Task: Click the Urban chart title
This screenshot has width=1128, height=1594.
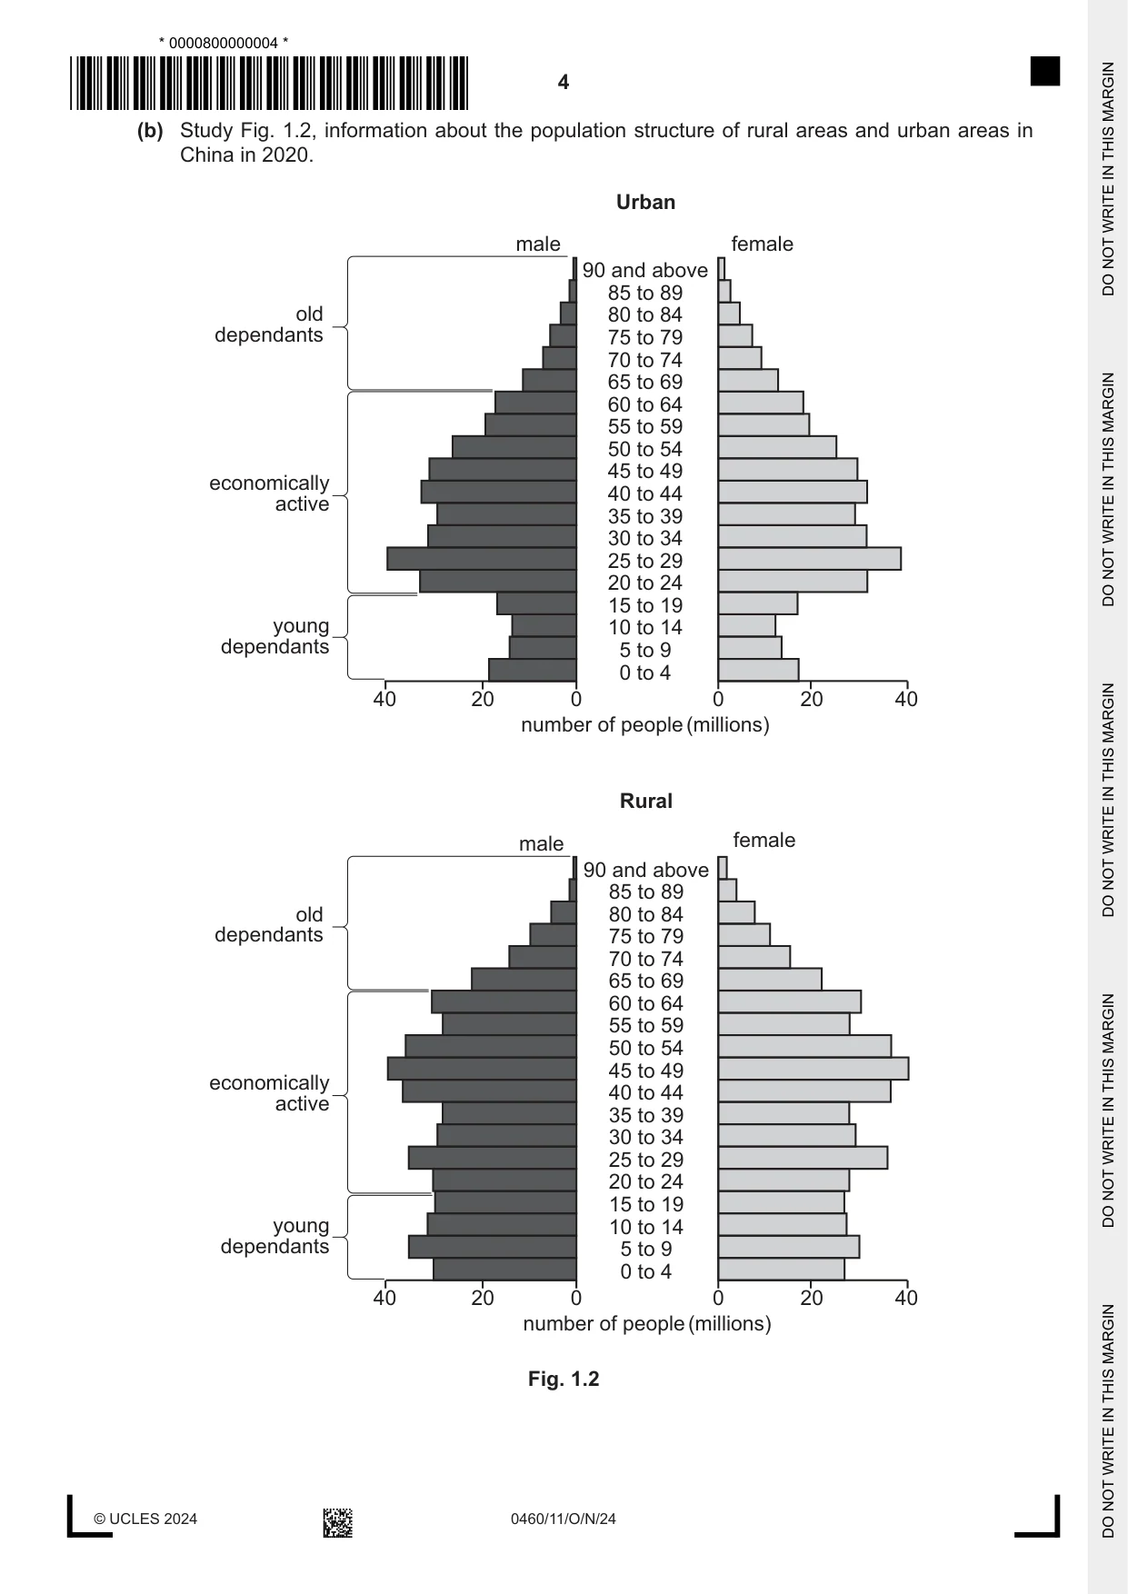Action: pos(645,203)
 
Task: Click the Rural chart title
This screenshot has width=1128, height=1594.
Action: pos(646,802)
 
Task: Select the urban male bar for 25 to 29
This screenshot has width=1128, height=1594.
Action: pos(482,559)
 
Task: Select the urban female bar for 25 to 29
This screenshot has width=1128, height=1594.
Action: pos(810,559)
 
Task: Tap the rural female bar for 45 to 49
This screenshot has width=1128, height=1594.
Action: pos(814,1069)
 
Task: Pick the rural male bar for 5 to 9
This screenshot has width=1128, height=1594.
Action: pos(493,1247)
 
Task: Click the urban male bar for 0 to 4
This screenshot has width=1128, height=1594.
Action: pos(533,671)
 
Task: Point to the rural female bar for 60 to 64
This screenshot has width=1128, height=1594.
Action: pos(790,1002)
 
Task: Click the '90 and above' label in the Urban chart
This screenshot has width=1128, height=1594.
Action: pos(645,271)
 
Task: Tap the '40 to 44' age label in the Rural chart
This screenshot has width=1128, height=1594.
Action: pos(646,1092)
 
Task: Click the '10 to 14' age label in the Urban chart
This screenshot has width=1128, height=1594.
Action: pos(645,627)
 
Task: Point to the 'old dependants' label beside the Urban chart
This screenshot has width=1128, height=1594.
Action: pos(269,324)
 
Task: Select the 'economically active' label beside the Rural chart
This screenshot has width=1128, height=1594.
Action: pos(269,1093)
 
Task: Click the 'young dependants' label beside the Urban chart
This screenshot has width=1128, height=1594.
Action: pos(275,636)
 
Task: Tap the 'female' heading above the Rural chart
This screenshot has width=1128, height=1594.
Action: pos(764,841)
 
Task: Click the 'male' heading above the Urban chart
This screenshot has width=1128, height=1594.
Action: pos(538,244)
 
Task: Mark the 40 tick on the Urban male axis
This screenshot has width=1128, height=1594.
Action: pos(384,699)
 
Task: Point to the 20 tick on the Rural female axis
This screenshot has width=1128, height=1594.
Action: pos(812,1298)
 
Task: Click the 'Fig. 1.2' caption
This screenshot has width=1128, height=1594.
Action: pos(564,1380)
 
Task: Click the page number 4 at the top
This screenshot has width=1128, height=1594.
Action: pos(564,83)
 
